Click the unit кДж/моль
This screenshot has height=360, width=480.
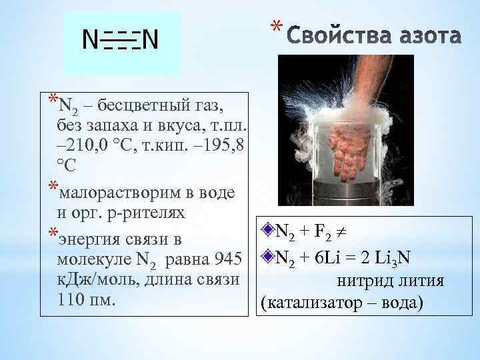point(97,279)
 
